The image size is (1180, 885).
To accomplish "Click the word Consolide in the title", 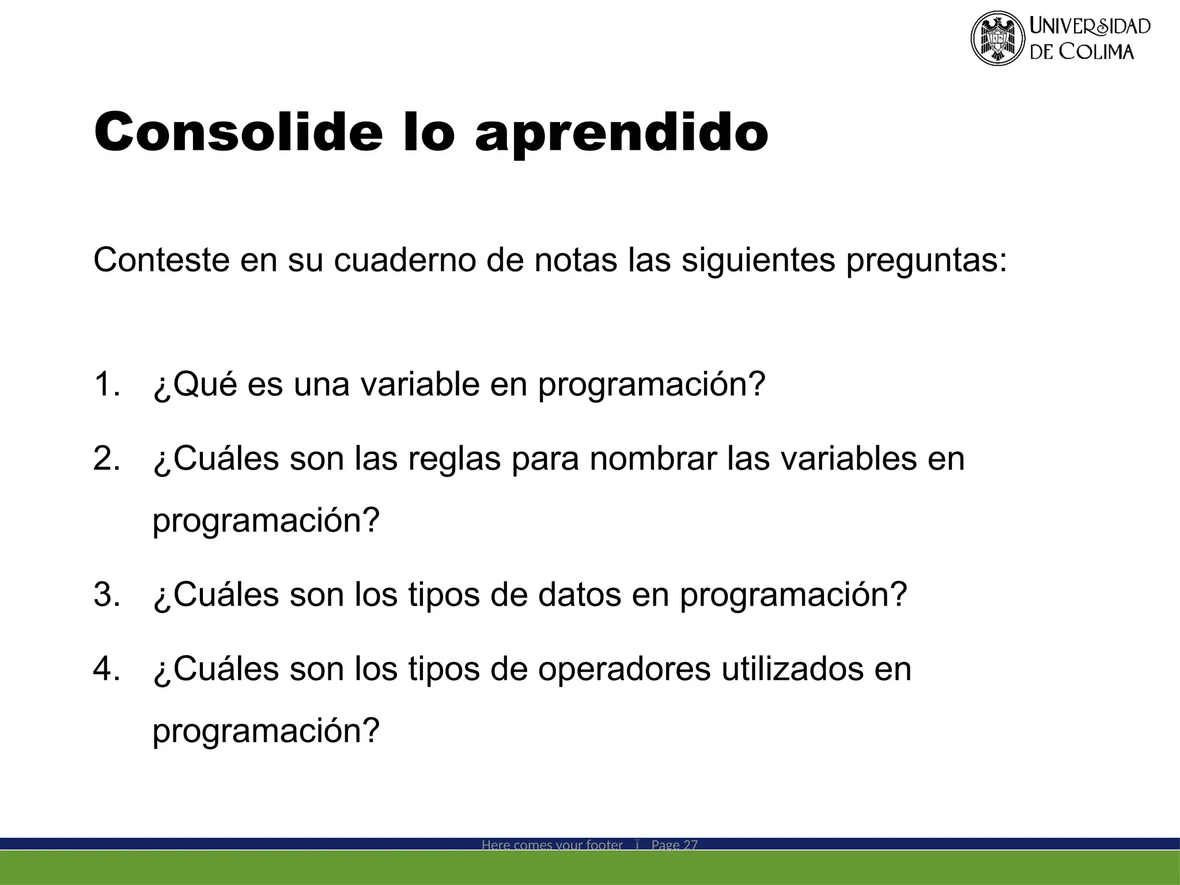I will [239, 133].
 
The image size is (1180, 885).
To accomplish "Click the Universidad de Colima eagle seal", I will [997, 38].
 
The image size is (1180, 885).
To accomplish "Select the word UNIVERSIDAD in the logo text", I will [1090, 26].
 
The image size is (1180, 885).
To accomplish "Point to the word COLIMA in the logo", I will [1097, 52].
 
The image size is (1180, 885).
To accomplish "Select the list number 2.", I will [106, 459].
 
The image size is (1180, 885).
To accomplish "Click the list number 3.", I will [106, 595].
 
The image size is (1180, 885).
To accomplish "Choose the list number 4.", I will [106, 670].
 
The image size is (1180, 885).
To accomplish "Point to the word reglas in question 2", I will [455, 460].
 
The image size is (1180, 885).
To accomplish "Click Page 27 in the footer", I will [674, 845].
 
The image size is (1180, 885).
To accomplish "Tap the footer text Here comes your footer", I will [552, 845].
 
